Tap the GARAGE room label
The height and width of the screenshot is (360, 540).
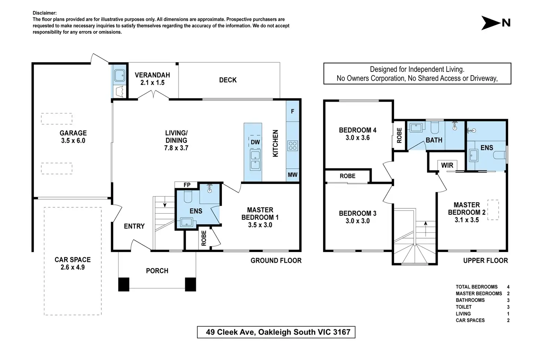(73, 133)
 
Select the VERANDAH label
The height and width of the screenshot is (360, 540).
(152, 75)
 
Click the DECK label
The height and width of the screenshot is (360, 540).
(228, 80)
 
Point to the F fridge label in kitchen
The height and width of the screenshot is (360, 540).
(292, 112)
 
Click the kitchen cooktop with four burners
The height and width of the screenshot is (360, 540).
(293, 146)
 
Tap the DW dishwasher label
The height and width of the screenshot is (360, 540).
(255, 142)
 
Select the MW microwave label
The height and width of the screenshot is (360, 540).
(292, 175)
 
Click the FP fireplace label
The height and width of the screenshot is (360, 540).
(187, 185)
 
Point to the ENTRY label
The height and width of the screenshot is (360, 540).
(134, 226)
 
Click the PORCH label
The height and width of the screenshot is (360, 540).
(157, 271)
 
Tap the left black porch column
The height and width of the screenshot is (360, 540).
(124, 284)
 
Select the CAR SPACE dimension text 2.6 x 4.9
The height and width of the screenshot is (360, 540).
(73, 267)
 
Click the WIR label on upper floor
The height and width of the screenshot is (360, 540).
(447, 166)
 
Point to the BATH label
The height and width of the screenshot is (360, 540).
(434, 140)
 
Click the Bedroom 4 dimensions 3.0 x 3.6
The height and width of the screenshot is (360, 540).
(358, 138)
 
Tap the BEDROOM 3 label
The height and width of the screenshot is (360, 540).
(358, 214)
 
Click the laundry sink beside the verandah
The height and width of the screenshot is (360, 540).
(119, 76)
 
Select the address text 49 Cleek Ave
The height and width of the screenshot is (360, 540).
(230, 332)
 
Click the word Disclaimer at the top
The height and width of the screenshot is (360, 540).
(45, 13)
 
